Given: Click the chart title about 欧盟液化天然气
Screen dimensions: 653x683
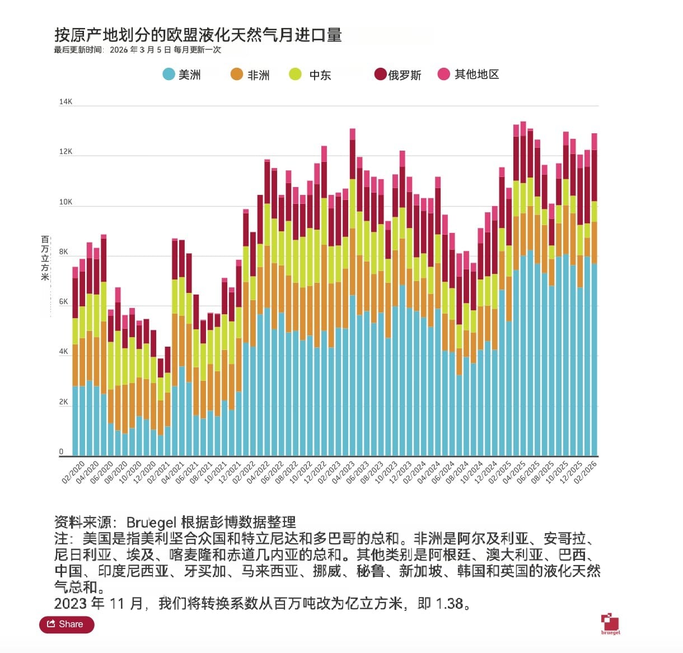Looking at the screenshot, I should [198, 35].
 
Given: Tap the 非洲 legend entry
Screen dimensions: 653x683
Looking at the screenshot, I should [250, 74].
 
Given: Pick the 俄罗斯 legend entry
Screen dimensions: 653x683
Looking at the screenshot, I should [397, 74].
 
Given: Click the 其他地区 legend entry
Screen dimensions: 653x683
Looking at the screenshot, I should [469, 74].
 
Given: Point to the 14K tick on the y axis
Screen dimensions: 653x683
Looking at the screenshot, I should [66, 102].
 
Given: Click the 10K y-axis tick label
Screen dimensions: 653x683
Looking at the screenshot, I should [66, 202].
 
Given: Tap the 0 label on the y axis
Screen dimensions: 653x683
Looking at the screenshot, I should [62, 452].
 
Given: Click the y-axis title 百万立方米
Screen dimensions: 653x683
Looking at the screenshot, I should [45, 258].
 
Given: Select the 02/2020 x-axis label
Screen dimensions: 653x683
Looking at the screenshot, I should [73, 472].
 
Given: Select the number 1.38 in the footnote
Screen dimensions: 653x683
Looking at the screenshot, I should [449, 603].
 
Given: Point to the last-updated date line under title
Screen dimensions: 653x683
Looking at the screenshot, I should [137, 50].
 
